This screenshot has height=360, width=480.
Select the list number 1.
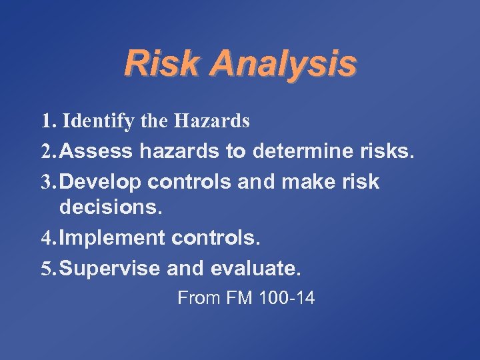[47, 121]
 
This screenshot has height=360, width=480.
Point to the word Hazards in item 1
[211, 121]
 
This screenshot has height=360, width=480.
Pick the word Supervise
[113, 269]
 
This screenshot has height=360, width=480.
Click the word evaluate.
[256, 269]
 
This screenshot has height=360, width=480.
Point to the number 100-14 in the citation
[287, 298]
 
